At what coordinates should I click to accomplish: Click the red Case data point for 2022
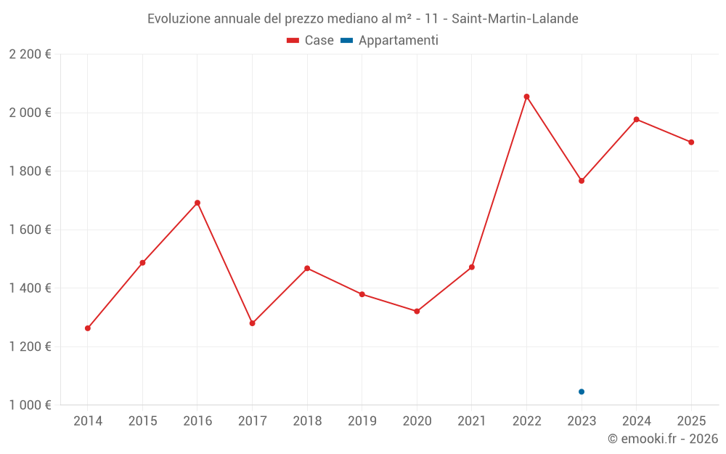click(526, 97)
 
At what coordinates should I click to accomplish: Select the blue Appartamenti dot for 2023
click(582, 392)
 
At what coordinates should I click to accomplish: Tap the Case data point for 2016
click(197, 203)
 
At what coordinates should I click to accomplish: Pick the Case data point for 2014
click(88, 328)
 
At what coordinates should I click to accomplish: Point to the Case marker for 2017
click(253, 323)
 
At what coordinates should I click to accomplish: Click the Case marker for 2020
click(417, 311)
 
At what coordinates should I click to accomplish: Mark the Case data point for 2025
click(691, 142)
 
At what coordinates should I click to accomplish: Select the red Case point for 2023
click(582, 181)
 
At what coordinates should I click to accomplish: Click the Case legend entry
click(311, 41)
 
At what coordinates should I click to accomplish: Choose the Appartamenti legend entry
click(390, 41)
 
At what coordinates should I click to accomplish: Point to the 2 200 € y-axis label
click(30, 54)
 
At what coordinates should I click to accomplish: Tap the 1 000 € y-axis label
click(30, 405)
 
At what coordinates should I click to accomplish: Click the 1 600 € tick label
click(30, 230)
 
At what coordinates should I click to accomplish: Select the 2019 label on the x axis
click(362, 421)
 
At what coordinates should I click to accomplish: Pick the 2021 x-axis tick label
click(472, 421)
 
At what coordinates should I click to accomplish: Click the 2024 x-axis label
click(637, 421)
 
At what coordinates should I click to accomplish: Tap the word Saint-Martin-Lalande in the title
click(515, 19)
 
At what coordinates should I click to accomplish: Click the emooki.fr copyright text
click(663, 439)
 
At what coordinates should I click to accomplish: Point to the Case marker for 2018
click(307, 268)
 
